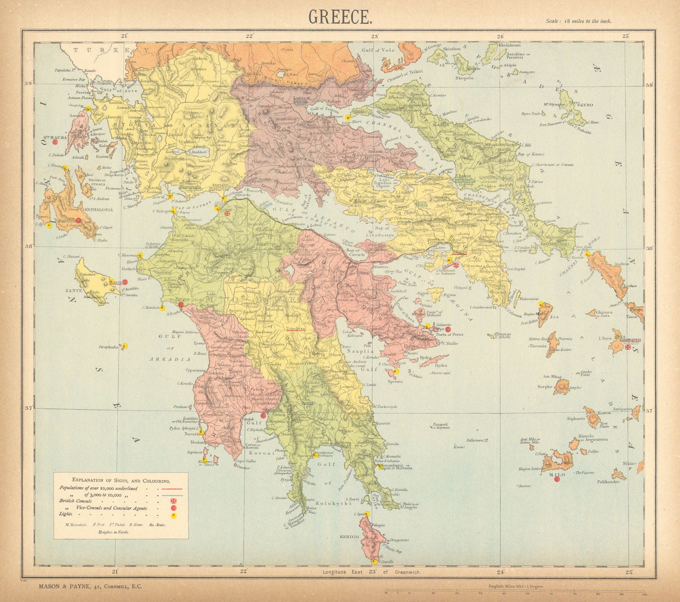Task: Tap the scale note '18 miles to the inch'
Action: coord(579,21)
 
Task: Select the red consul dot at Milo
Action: coord(557,479)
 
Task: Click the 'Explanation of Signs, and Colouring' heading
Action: coord(121,481)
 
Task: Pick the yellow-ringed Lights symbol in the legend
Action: coord(173,515)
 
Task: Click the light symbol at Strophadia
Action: coord(125,346)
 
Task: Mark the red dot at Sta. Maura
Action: coord(55,142)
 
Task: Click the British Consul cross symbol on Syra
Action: coord(628,347)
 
